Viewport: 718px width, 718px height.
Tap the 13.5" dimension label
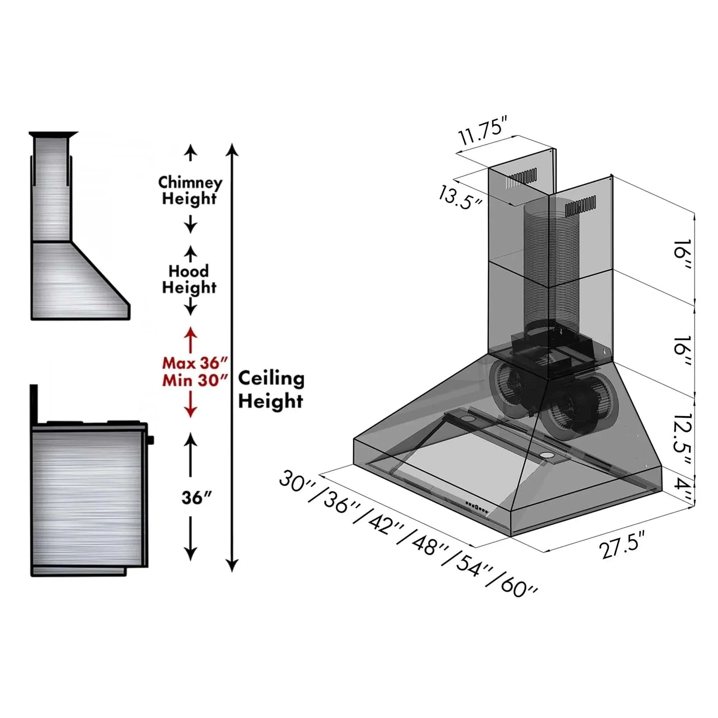coord(460,198)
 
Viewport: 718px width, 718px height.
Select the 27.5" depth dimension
coord(623,546)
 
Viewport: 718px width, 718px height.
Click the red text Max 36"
coord(194,363)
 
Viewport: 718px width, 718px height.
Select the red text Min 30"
coord(194,380)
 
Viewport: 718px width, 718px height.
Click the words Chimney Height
coord(190,190)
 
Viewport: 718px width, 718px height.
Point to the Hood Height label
coord(189,279)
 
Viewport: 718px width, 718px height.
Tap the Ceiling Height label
coord(271,390)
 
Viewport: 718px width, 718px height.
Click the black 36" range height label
coord(197,498)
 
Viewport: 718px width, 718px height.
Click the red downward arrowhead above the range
coord(190,411)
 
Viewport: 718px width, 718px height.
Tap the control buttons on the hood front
coord(477,508)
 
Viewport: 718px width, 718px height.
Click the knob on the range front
coord(150,440)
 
